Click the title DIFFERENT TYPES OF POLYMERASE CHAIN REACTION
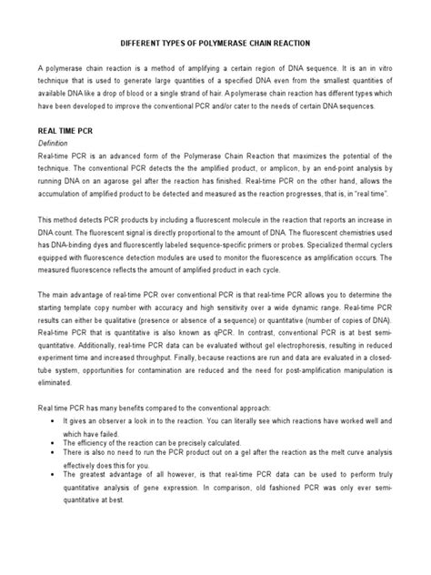(215, 42)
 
